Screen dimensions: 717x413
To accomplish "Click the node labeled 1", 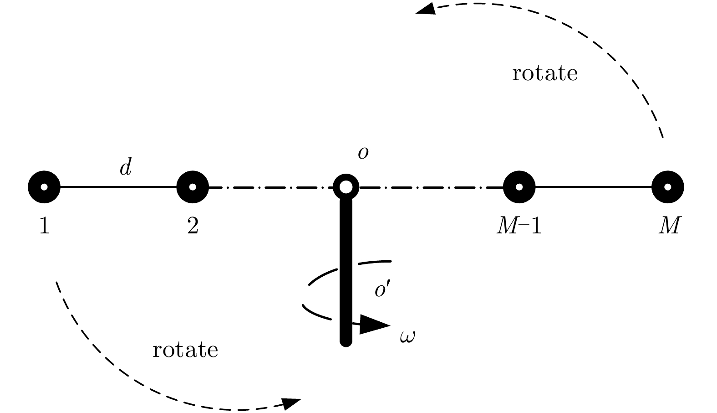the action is click(44, 187).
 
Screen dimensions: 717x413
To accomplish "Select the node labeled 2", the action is click(193, 187).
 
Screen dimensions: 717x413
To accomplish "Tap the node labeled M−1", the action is click(519, 187).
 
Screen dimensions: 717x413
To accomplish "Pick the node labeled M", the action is click(668, 187).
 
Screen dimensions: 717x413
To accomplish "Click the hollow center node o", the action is click(346, 187).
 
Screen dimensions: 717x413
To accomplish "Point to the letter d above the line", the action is click(126, 167).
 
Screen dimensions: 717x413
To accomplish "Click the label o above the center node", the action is click(363, 153).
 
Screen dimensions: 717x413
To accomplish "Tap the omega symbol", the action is click(407, 337).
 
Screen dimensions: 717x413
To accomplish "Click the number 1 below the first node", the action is click(45, 226).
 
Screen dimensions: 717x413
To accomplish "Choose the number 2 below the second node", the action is click(193, 226).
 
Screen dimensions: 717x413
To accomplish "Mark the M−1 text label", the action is click(519, 226).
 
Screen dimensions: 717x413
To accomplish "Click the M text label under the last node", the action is click(670, 226).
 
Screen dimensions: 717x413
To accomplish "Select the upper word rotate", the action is click(545, 73).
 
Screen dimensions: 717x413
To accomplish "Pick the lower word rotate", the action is click(185, 350).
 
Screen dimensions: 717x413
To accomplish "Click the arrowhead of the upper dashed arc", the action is click(426, 9).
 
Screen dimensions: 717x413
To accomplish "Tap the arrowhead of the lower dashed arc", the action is click(291, 403).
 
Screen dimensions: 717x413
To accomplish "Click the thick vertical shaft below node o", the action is click(346, 272).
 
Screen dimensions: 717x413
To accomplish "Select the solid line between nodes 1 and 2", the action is click(118, 187).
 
